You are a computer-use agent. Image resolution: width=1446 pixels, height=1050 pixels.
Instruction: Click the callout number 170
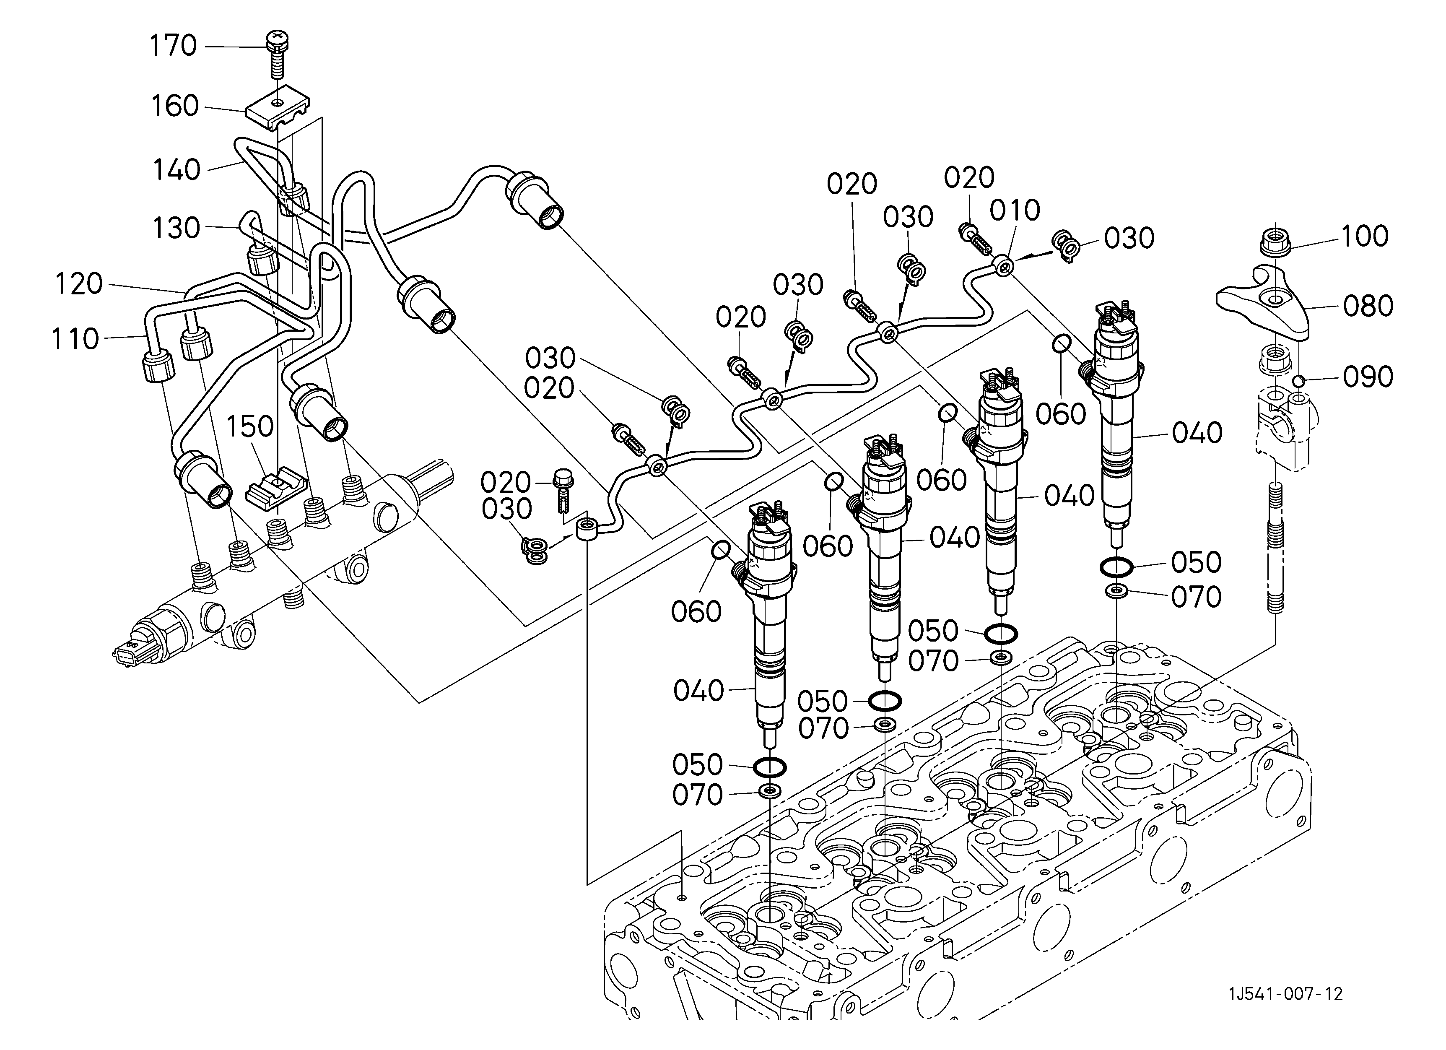pyautogui.click(x=173, y=46)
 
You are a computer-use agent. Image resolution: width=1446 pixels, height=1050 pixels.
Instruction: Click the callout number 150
pyautogui.click(x=250, y=426)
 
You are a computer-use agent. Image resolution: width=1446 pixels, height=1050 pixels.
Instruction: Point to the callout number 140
pyautogui.click(x=177, y=170)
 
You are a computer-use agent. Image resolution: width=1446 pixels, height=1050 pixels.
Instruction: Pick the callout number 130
pyautogui.click(x=177, y=228)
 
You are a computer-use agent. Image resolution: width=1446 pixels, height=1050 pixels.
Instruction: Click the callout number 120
pyautogui.click(x=78, y=284)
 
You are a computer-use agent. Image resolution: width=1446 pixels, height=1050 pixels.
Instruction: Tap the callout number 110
pyautogui.click(x=75, y=339)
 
